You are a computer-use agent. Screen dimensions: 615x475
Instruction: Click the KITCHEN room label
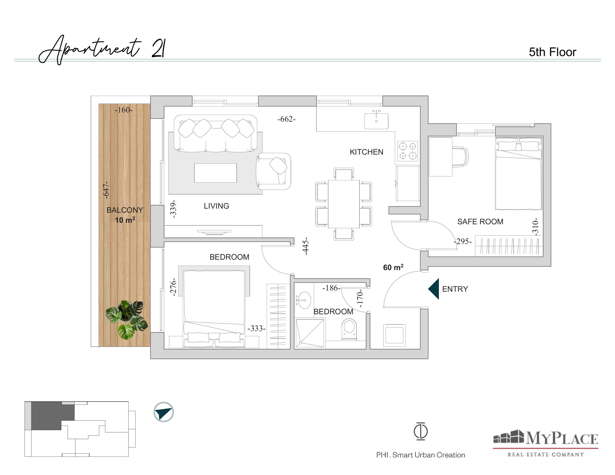tap(366, 152)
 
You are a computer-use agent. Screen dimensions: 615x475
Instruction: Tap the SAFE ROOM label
tap(480, 222)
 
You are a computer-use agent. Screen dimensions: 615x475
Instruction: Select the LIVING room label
tap(216, 206)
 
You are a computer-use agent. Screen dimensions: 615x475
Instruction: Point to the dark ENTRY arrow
tap(434, 289)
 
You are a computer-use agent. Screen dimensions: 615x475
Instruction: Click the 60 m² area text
tap(393, 267)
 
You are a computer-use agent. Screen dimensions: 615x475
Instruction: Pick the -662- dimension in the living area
tap(286, 119)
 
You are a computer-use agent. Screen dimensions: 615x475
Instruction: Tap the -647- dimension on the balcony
tap(106, 190)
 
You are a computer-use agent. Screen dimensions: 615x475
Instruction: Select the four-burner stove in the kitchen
tap(407, 151)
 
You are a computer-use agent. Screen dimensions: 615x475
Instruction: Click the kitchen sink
tap(376, 120)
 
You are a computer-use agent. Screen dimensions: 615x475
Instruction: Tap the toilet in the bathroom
tap(349, 329)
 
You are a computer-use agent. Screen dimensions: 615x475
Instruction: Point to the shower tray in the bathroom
tap(310, 333)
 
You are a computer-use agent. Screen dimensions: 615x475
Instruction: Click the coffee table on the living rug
tap(215, 173)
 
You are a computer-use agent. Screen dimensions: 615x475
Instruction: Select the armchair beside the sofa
tap(273, 171)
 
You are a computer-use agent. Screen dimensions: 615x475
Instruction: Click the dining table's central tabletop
tap(344, 204)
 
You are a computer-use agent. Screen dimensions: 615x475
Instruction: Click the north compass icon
tap(164, 412)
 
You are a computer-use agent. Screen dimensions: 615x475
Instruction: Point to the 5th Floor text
tap(553, 52)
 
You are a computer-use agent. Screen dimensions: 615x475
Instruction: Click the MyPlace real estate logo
tap(545, 443)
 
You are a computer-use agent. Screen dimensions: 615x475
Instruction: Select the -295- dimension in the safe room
tap(463, 241)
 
